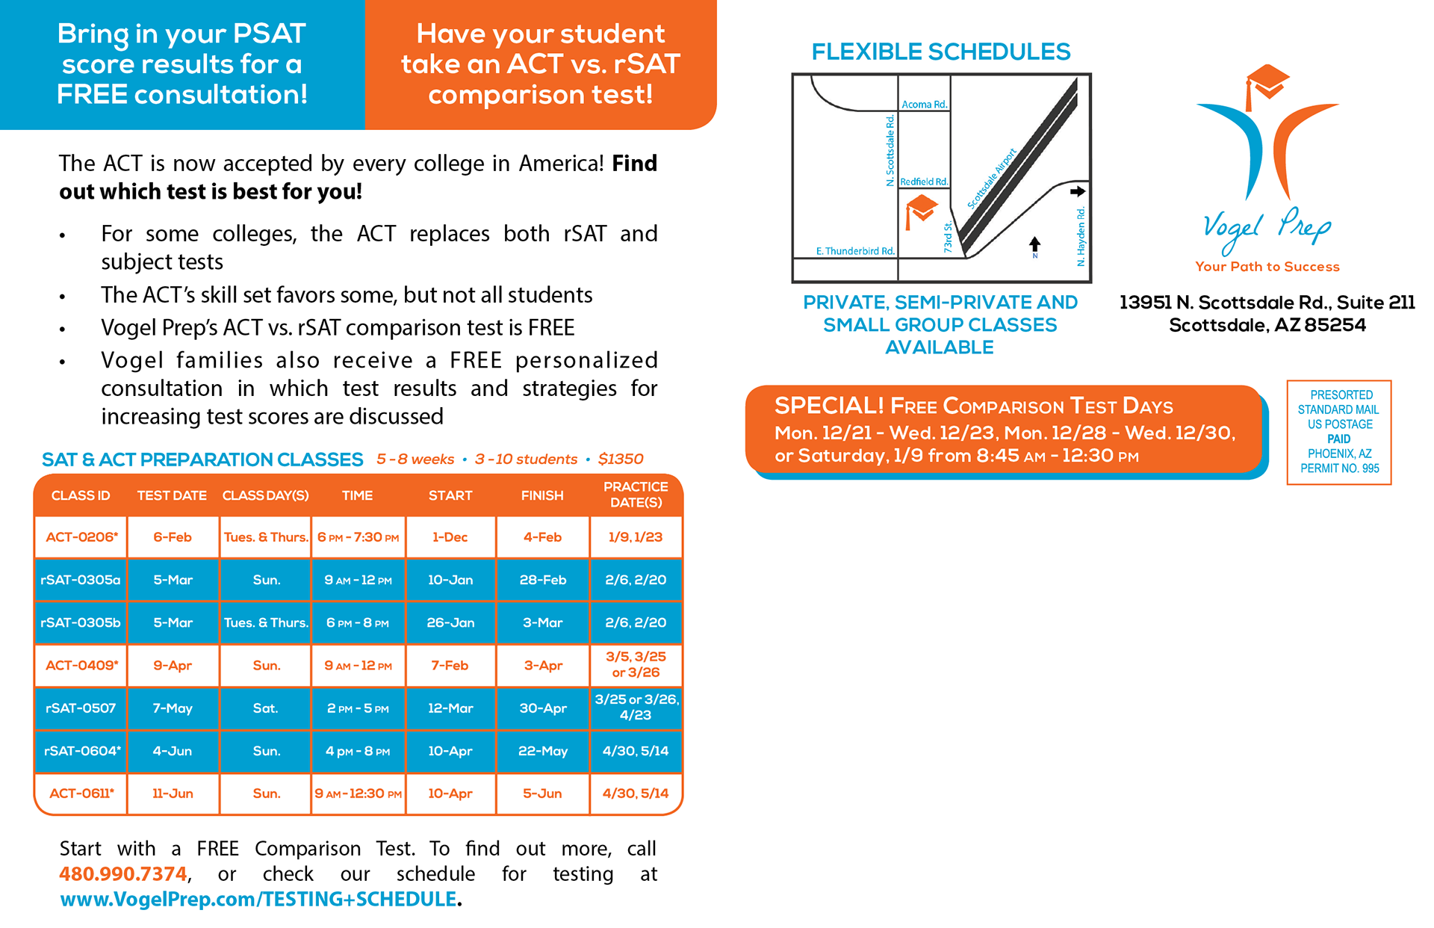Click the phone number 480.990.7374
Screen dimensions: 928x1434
pyautogui.click(x=123, y=873)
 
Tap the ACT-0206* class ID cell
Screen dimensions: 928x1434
pyautogui.click(x=81, y=537)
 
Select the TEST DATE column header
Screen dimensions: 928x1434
pyautogui.click(x=172, y=495)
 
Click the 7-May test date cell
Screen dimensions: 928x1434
pyautogui.click(x=173, y=708)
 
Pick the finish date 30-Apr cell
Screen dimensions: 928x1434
pyautogui.click(x=543, y=708)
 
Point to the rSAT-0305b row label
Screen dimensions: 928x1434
pyautogui.click(x=81, y=622)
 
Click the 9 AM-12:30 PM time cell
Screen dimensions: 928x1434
pyautogui.click(x=358, y=794)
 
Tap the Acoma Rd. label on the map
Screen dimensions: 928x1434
pyautogui.click(x=924, y=105)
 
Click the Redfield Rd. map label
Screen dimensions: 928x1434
pyautogui.click(x=924, y=182)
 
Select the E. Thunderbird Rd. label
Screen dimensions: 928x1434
pyautogui.click(x=855, y=251)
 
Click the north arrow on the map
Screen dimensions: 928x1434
pyautogui.click(x=1034, y=245)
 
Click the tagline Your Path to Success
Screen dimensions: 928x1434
pyautogui.click(x=1267, y=267)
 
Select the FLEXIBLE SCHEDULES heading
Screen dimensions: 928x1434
pyautogui.click(x=941, y=52)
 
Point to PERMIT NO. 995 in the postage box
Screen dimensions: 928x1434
pyautogui.click(x=1339, y=468)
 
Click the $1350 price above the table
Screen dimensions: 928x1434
pyautogui.click(x=621, y=459)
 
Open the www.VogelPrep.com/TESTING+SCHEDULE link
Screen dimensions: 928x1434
pyautogui.click(x=258, y=899)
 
